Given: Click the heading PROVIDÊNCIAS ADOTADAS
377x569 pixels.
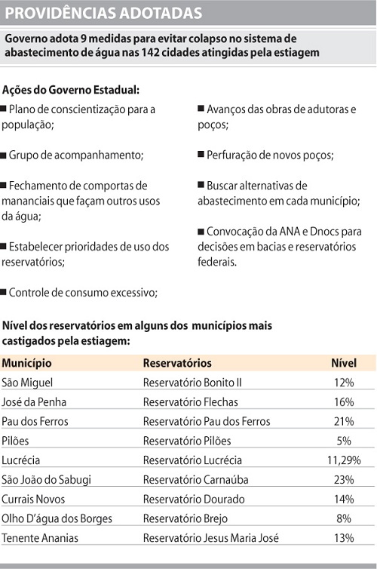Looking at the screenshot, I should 103,13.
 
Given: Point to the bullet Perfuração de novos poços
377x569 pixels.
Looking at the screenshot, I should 268,155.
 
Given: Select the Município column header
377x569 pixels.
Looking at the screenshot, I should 27,363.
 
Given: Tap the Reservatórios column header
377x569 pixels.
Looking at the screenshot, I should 177,363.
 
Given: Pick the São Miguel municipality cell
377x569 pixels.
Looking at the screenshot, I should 28,382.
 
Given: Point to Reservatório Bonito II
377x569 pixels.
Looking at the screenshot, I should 192,382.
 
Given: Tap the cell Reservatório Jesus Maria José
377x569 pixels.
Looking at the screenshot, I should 210,537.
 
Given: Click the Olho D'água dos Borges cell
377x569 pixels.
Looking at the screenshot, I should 57,518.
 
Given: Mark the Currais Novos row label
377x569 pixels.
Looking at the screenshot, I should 34,499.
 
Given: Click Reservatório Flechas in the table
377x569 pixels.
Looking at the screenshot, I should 191,401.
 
